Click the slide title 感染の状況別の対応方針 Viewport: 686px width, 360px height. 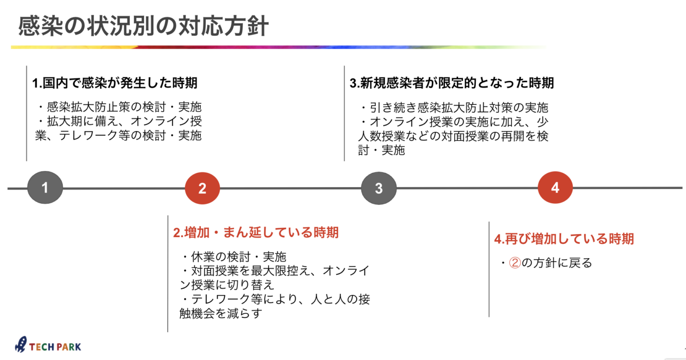tap(143, 26)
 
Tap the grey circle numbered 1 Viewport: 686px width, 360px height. tap(45, 187)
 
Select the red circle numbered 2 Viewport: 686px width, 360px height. tap(202, 188)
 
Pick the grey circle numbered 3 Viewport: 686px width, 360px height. tap(379, 188)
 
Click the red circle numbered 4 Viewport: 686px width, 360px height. tap(555, 187)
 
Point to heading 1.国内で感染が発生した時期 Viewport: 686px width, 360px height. tap(115, 83)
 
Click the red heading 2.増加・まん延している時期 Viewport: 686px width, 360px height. tap(256, 233)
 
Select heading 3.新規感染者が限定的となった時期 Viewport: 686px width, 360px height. tap(452, 83)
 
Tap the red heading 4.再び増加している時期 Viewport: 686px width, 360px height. tap(564, 239)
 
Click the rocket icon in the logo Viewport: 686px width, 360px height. tap(21, 344)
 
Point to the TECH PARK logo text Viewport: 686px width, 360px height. tap(55, 347)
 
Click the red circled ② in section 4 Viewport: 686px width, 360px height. tap(515, 263)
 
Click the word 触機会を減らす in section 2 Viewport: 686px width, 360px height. tap(221, 313)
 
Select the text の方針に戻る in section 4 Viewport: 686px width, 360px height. tap(557, 263)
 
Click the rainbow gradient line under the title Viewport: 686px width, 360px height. tap(279, 47)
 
